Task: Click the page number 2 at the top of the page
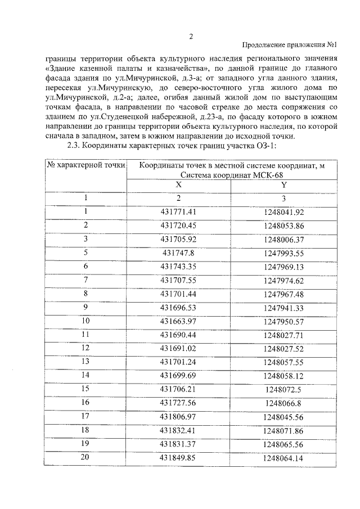pos(191,37)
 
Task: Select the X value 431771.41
pos(178,211)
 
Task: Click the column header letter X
pos(178,184)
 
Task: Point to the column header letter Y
pos(284,184)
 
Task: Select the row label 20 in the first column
pos(85,457)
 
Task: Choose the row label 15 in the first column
pos(85,388)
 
